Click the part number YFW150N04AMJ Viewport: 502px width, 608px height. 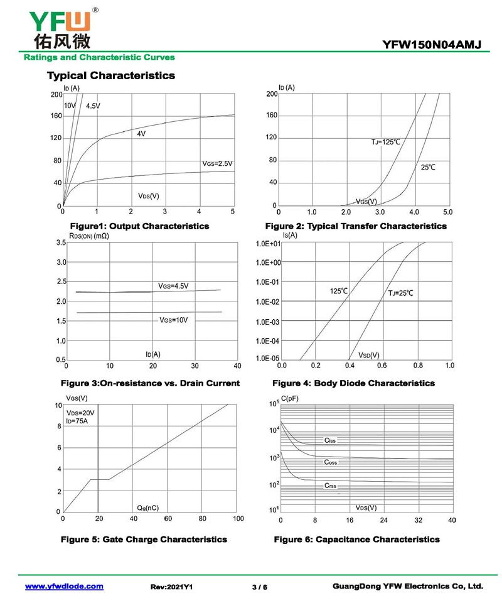coord(431,45)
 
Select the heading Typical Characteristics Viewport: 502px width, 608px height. coord(111,76)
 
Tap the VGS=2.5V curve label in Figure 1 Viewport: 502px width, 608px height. coord(218,163)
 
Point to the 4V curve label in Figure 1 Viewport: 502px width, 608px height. coord(141,134)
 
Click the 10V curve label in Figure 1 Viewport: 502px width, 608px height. coord(69,105)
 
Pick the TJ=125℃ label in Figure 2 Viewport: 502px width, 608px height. coord(385,143)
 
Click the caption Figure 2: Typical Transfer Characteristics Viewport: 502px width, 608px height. coord(356,226)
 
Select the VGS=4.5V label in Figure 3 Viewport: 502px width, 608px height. coord(173,286)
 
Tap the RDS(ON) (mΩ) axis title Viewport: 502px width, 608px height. coord(90,236)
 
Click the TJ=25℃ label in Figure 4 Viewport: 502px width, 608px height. coord(400,293)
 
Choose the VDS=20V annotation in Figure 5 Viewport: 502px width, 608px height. coord(80,413)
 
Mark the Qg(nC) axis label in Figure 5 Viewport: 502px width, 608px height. coord(147,508)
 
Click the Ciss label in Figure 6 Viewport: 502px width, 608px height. coord(330,441)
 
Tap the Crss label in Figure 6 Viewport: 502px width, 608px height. coord(331,486)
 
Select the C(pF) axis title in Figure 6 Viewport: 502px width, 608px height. coord(291,399)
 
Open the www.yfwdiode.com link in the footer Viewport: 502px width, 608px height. coord(64,586)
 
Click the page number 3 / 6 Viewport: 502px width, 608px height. coord(259,587)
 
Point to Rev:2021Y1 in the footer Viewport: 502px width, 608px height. coord(171,587)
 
